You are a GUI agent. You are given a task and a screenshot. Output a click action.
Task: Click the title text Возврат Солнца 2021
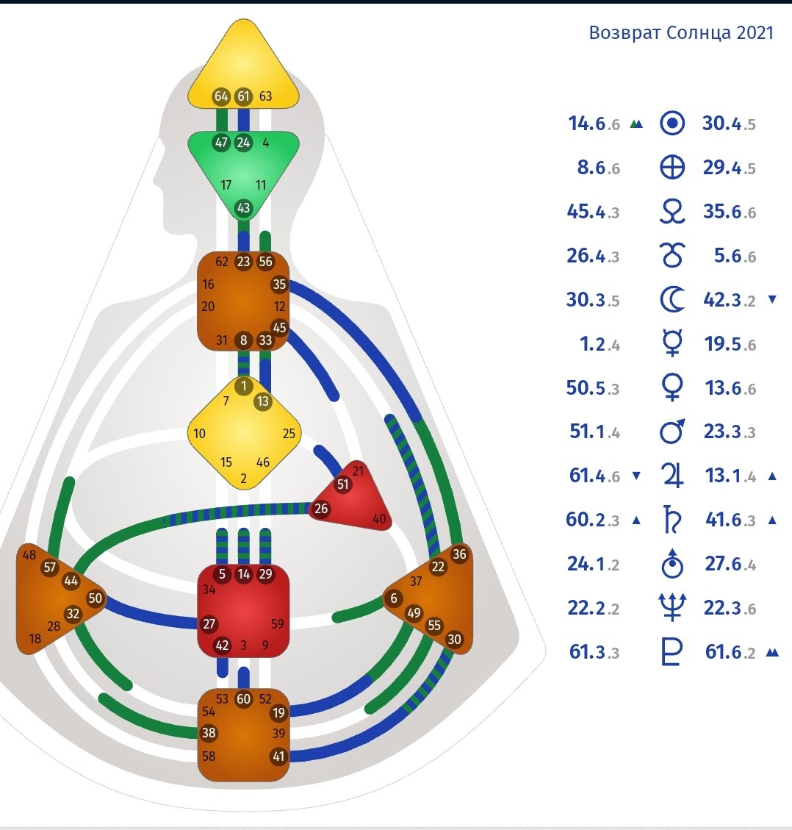pos(681,33)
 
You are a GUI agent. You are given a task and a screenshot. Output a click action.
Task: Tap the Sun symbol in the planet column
pos(672,124)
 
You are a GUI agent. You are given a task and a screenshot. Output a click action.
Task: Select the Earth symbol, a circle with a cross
pos(672,168)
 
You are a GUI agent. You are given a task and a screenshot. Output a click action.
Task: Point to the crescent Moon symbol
pos(671,300)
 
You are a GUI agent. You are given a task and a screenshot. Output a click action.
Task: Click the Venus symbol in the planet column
pos(672,388)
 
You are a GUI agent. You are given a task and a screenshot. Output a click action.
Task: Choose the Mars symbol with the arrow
pos(672,432)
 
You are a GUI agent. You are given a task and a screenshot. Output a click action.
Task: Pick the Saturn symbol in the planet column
pos(671,520)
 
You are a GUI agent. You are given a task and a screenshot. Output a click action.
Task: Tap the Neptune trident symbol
pos(672,608)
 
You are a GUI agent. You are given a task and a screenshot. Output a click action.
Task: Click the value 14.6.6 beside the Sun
pos(594,124)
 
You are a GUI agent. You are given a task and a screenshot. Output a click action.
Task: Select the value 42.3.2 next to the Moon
pos(729,300)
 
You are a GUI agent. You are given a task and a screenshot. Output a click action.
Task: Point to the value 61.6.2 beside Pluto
pos(730,652)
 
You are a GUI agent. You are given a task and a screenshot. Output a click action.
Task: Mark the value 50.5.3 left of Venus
pos(592,388)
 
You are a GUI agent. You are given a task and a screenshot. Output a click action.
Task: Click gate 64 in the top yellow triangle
pos(221,96)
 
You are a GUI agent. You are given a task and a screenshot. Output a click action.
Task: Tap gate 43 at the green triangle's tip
pos(243,208)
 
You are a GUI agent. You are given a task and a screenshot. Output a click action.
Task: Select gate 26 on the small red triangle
pos(321,508)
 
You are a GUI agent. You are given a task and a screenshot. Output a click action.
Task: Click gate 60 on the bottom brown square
pos(244,699)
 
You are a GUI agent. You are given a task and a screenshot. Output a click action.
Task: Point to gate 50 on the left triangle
pos(95,598)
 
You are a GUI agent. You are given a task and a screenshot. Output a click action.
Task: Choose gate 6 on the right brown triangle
pos(394,598)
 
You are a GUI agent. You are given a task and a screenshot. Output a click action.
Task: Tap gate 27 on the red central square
pos(209,624)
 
